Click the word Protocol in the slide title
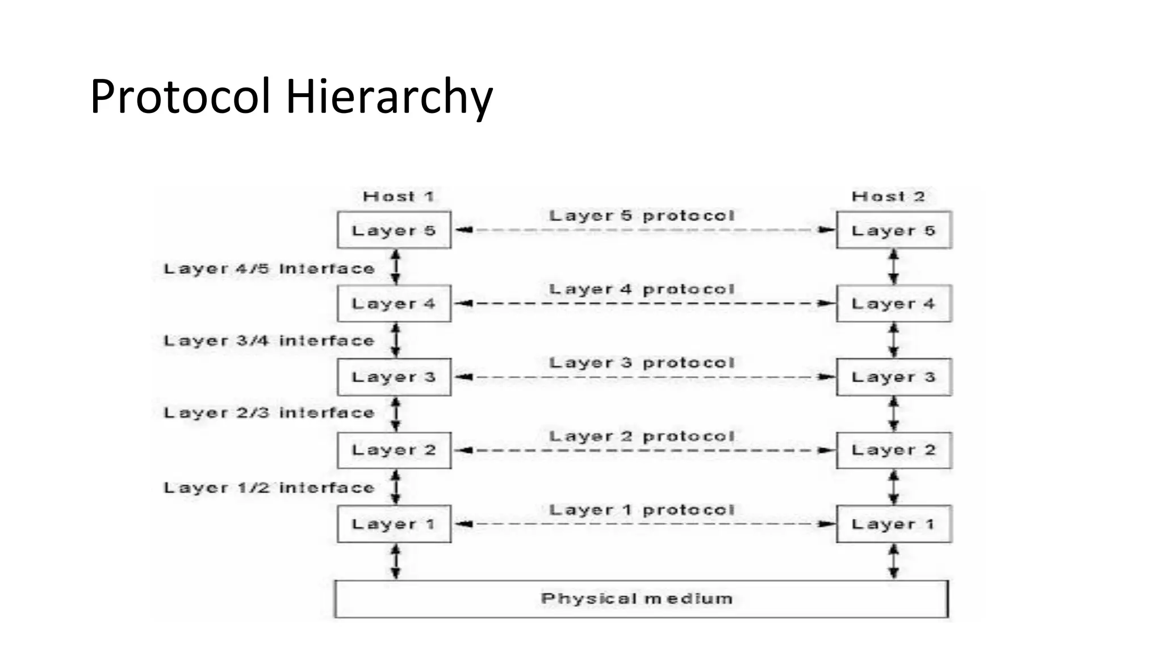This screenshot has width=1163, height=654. (180, 97)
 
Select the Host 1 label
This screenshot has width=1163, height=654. (399, 196)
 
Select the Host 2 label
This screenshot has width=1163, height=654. (888, 196)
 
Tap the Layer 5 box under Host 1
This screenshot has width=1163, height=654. (394, 230)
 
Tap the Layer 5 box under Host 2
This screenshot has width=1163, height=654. (894, 230)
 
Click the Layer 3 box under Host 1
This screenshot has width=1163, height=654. (394, 377)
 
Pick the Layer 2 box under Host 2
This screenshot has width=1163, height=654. (894, 450)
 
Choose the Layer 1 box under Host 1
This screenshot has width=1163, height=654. (394, 524)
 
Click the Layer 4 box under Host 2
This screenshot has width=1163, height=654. (894, 304)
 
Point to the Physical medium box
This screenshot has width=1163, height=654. (641, 599)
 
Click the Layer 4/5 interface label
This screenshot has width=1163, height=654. (269, 269)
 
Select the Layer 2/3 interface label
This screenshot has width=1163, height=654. (269, 413)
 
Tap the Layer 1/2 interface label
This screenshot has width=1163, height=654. (269, 488)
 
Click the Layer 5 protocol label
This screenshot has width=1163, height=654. (642, 216)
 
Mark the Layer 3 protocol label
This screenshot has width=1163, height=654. (642, 363)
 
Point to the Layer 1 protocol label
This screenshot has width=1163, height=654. (642, 510)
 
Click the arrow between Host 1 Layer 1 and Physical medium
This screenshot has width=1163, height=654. (396, 561)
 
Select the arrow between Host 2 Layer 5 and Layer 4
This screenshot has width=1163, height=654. (894, 267)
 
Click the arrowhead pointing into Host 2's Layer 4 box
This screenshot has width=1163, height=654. (827, 304)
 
